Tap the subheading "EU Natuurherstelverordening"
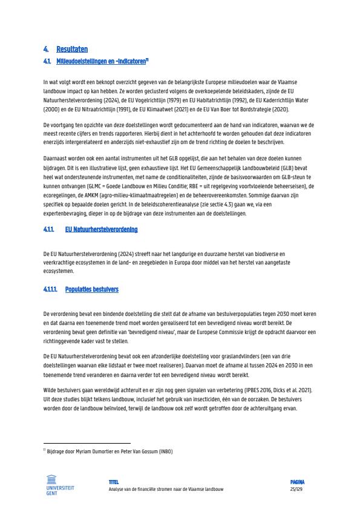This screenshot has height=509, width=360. pos(101,230)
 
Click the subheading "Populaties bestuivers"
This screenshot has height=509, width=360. pos(92,289)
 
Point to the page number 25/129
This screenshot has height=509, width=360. pos(296,489)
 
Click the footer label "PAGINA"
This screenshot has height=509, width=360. pos(297,482)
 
